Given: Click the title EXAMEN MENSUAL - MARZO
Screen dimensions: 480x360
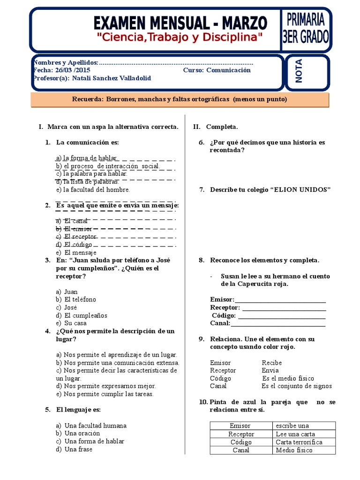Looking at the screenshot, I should [x=180, y=22].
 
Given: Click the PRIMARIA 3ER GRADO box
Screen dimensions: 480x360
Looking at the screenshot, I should [x=306, y=29].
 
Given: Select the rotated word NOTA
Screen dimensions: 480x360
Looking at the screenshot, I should [x=299, y=71].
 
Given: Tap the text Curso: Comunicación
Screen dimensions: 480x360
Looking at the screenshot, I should [x=217, y=70].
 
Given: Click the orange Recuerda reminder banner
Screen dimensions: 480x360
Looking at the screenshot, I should [x=180, y=99].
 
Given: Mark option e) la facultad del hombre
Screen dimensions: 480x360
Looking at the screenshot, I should [x=93, y=190].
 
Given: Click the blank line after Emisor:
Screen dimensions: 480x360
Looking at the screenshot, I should [x=280, y=300].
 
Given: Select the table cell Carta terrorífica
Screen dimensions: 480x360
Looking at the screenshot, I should [x=299, y=442].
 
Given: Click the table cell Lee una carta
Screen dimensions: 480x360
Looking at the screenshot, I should [x=295, y=434].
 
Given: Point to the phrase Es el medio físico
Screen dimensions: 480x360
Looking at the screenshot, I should [x=288, y=378].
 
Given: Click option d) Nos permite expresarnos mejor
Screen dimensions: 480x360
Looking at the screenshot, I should [x=106, y=386].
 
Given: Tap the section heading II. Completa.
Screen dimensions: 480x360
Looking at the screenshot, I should [x=216, y=127].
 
